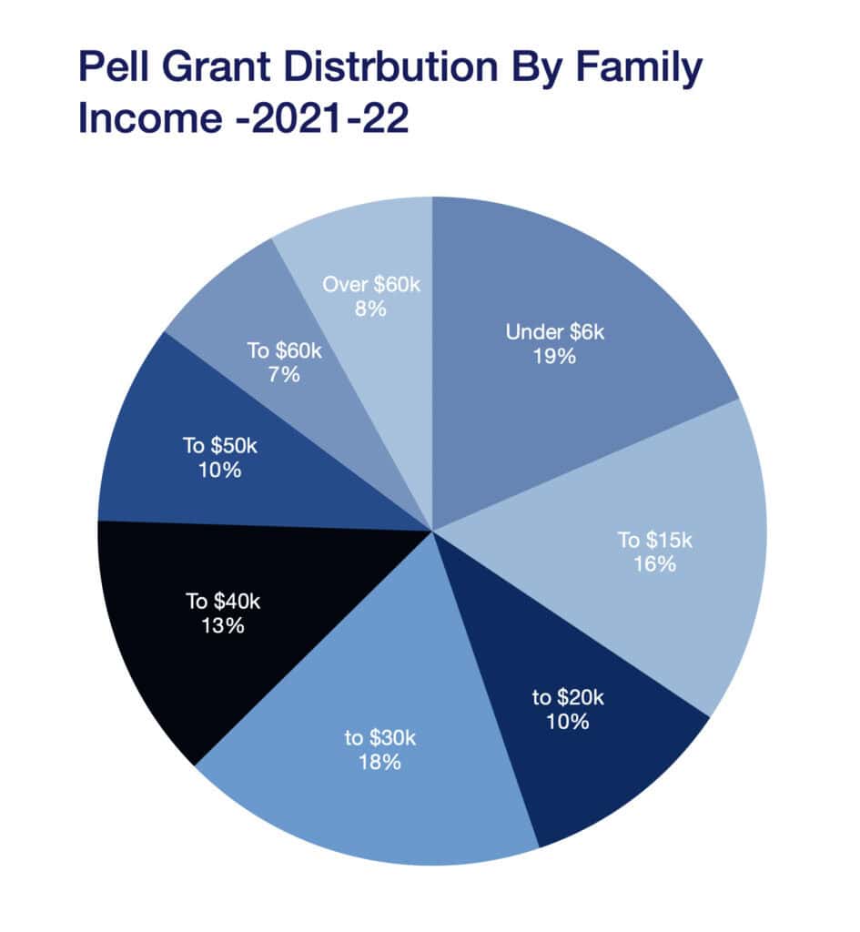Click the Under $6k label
point(555,332)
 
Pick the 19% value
point(555,356)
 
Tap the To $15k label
point(655,541)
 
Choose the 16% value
point(655,564)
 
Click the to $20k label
point(568,698)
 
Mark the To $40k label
point(216,602)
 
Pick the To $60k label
point(284,349)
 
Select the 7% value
point(284,373)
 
